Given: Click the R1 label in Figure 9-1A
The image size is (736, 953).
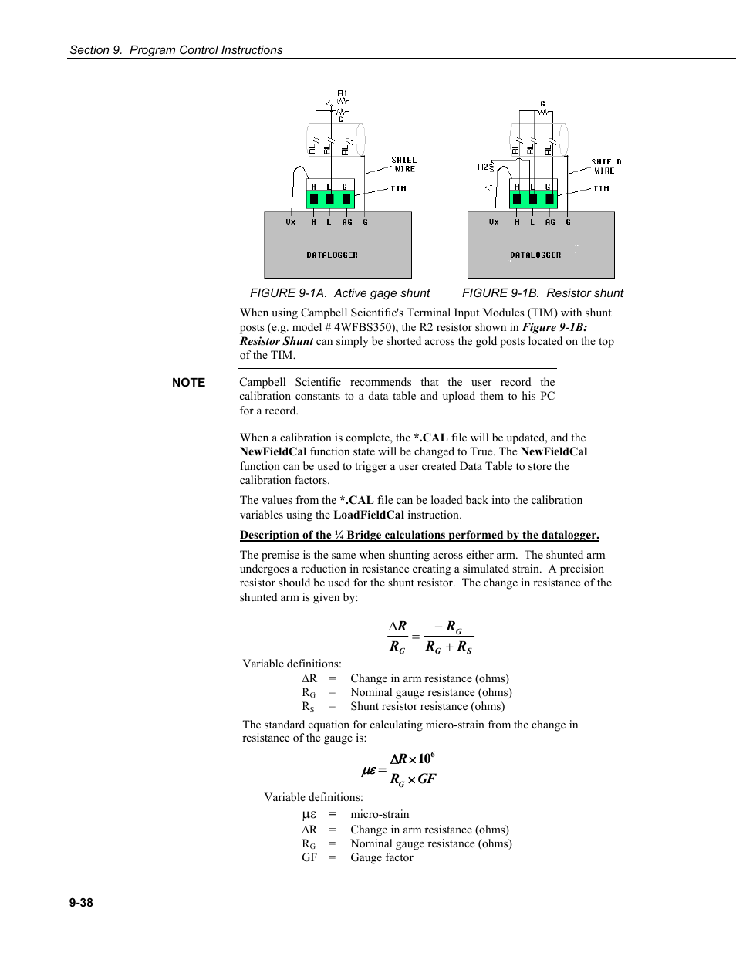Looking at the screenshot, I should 343,93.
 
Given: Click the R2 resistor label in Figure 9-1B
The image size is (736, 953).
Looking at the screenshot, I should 483,166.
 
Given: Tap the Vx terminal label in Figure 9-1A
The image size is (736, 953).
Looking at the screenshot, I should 291,222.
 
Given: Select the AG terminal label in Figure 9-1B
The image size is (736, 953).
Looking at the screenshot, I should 550,222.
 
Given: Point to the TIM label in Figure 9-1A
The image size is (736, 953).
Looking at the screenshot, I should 398,189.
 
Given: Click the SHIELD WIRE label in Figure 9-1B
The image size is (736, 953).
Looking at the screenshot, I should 606,166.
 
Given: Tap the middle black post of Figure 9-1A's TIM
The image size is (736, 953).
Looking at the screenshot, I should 329,200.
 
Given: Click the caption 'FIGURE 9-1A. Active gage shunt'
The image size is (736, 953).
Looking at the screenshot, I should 339,293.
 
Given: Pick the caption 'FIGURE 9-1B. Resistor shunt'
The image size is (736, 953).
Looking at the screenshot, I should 542,293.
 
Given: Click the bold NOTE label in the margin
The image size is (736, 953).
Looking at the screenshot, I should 189,383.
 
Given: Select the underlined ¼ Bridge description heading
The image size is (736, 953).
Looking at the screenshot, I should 419,535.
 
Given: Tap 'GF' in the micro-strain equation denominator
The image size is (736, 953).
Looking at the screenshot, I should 427,779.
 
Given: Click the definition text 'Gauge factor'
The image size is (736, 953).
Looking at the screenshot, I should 382,858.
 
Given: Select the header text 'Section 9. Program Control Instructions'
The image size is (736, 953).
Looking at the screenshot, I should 176,50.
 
